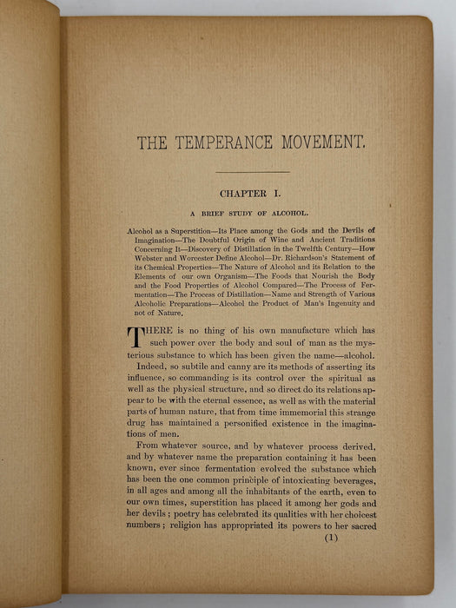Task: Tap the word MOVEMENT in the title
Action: pyautogui.click(x=328, y=142)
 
